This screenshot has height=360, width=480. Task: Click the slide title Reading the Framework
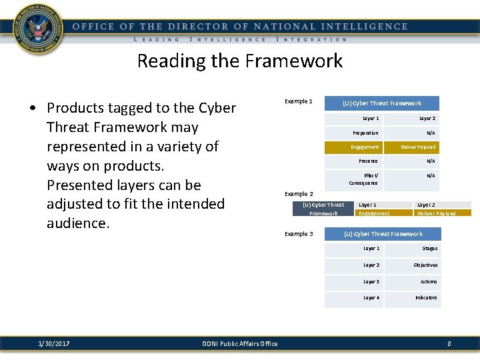pyautogui.click(x=239, y=61)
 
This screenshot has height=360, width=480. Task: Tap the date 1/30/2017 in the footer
pyautogui.click(x=55, y=343)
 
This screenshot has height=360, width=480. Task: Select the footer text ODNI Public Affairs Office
pyautogui.click(x=239, y=343)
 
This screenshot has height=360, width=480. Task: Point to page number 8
pyautogui.click(x=449, y=343)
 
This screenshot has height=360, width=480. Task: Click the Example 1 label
pyautogui.click(x=298, y=101)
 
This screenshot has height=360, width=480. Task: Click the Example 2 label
pyautogui.click(x=299, y=194)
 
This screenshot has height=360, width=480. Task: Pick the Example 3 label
pyautogui.click(x=298, y=234)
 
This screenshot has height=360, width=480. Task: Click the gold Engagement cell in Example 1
pyautogui.click(x=365, y=147)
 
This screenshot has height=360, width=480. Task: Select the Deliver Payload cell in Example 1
pyautogui.click(x=418, y=147)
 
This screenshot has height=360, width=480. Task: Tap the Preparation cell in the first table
pyautogui.click(x=365, y=133)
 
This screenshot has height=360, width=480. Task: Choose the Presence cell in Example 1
pyautogui.click(x=368, y=161)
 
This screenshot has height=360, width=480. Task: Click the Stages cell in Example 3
pyautogui.click(x=430, y=248)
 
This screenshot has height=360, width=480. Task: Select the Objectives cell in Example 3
pyautogui.click(x=425, y=265)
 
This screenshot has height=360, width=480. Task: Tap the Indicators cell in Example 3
pyautogui.click(x=426, y=297)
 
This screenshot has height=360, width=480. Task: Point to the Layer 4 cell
pyautogui.click(x=371, y=297)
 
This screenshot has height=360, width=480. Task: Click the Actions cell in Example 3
pyautogui.click(x=429, y=281)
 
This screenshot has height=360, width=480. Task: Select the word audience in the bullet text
pyautogui.click(x=77, y=223)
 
